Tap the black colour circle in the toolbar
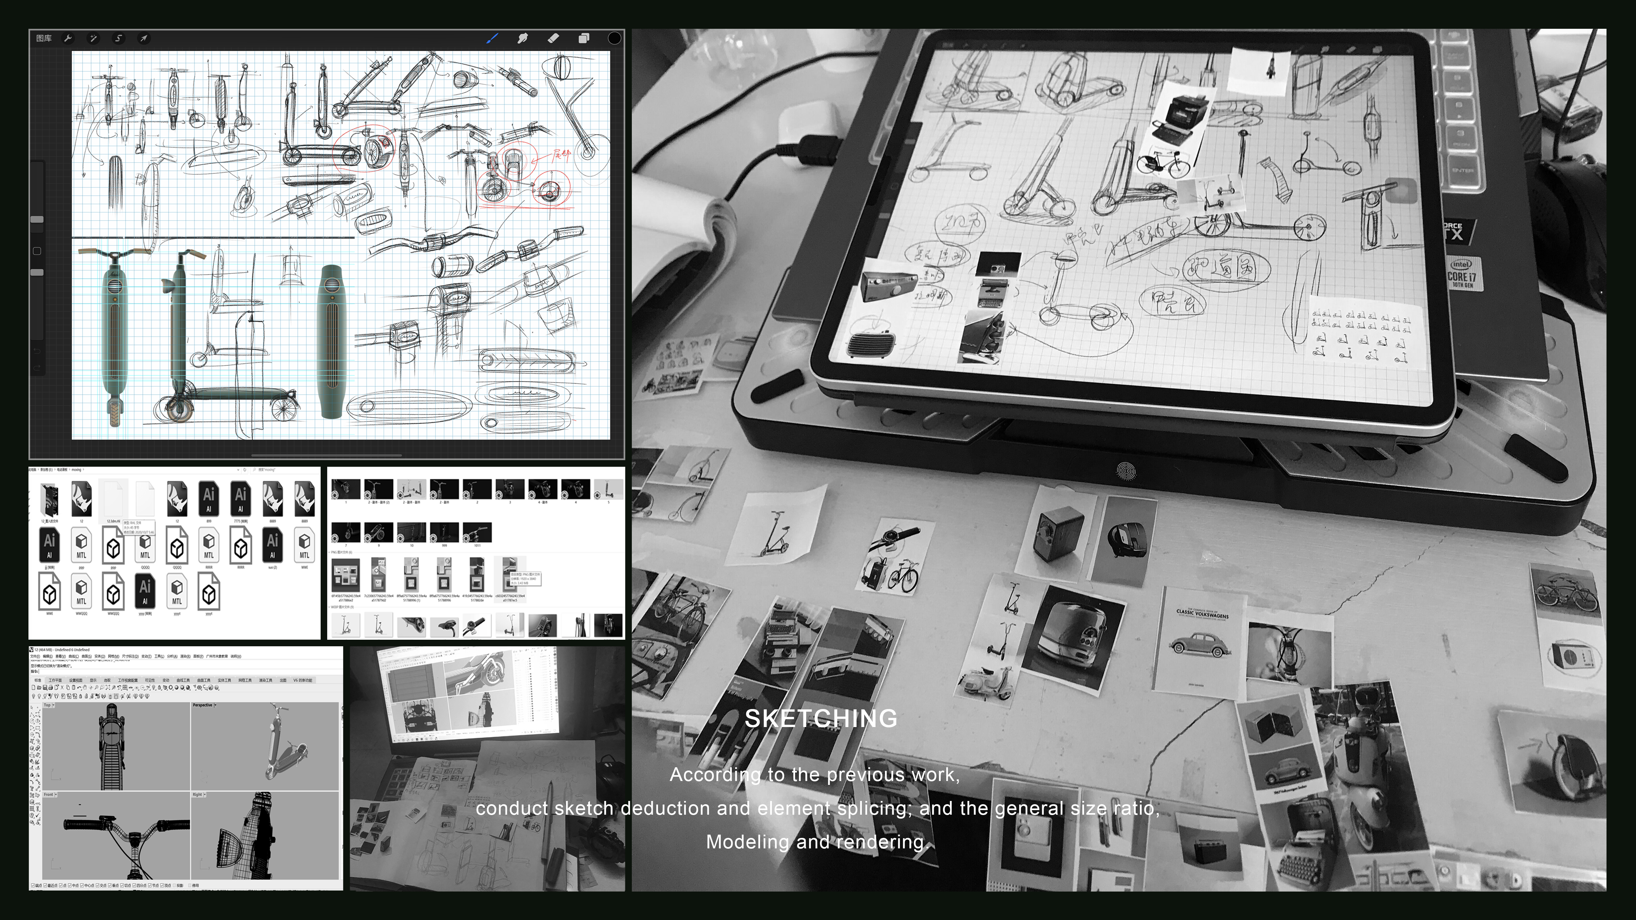coord(614,38)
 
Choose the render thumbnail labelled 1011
coord(477,532)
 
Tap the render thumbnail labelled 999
coord(444,532)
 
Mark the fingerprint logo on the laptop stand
coord(1126,471)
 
